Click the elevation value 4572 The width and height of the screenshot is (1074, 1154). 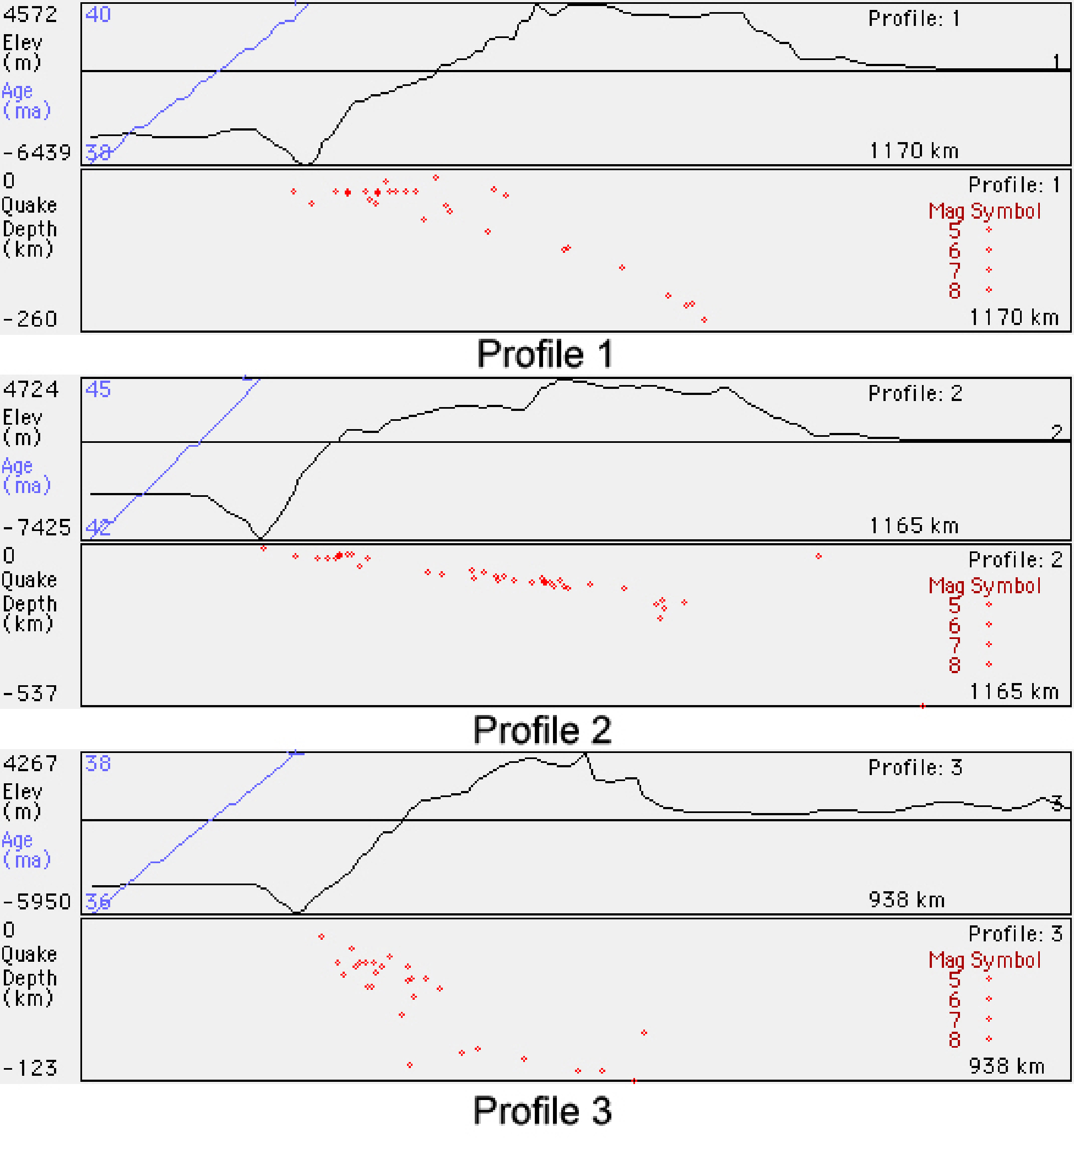30,14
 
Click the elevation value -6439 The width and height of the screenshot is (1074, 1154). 36,153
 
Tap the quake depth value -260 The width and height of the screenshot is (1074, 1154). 30,319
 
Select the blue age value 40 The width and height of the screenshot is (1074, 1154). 97,14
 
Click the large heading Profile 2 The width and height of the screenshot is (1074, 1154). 542,730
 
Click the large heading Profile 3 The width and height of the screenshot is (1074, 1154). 542,1110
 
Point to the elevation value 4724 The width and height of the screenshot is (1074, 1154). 31,389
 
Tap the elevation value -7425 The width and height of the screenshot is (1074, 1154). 36,528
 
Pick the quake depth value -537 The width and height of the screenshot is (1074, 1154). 30,694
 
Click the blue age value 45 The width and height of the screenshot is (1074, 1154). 97,389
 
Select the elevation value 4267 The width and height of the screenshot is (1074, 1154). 30,764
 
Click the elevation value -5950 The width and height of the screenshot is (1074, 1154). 36,902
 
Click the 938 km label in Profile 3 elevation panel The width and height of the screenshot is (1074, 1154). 906,900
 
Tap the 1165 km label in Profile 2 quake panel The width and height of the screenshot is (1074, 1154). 1013,692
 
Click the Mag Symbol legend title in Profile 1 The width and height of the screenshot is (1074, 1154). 985,212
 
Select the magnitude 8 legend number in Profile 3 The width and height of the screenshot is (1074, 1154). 954,1039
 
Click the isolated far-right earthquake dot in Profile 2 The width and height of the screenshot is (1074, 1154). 818,556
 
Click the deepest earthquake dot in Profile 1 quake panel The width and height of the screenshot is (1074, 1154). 704,320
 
